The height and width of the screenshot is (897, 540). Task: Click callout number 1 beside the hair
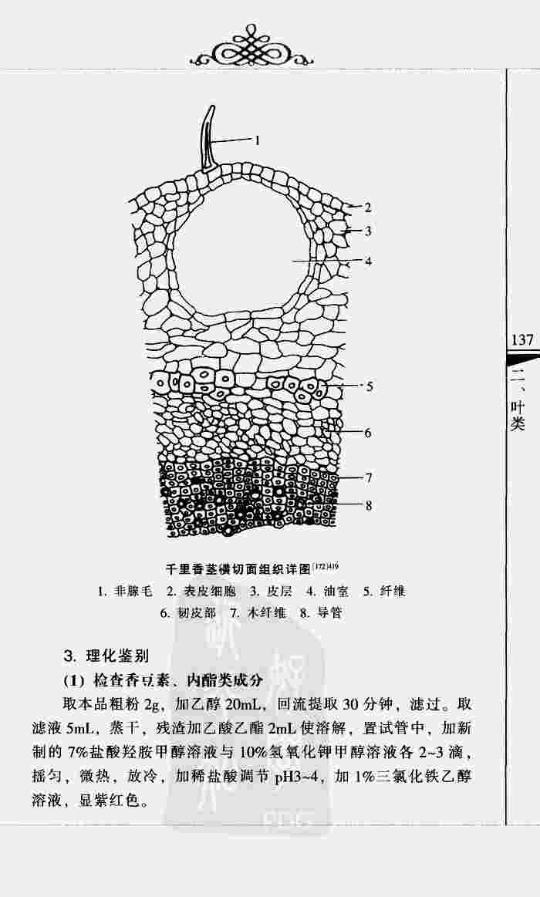point(258,140)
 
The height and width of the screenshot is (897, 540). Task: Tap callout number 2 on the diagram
point(369,207)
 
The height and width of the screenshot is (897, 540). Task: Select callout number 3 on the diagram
point(369,231)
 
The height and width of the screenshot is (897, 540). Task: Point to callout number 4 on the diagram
point(369,261)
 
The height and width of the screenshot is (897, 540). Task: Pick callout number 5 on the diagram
point(370,386)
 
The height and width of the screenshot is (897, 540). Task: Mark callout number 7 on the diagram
point(369,478)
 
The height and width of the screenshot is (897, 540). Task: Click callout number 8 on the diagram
point(369,505)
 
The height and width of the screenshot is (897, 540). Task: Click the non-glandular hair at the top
point(208,139)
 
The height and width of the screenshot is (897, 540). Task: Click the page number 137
point(521,340)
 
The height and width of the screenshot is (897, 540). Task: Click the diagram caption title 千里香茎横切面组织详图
point(238,570)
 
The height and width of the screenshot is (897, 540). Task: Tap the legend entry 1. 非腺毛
point(125,592)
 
